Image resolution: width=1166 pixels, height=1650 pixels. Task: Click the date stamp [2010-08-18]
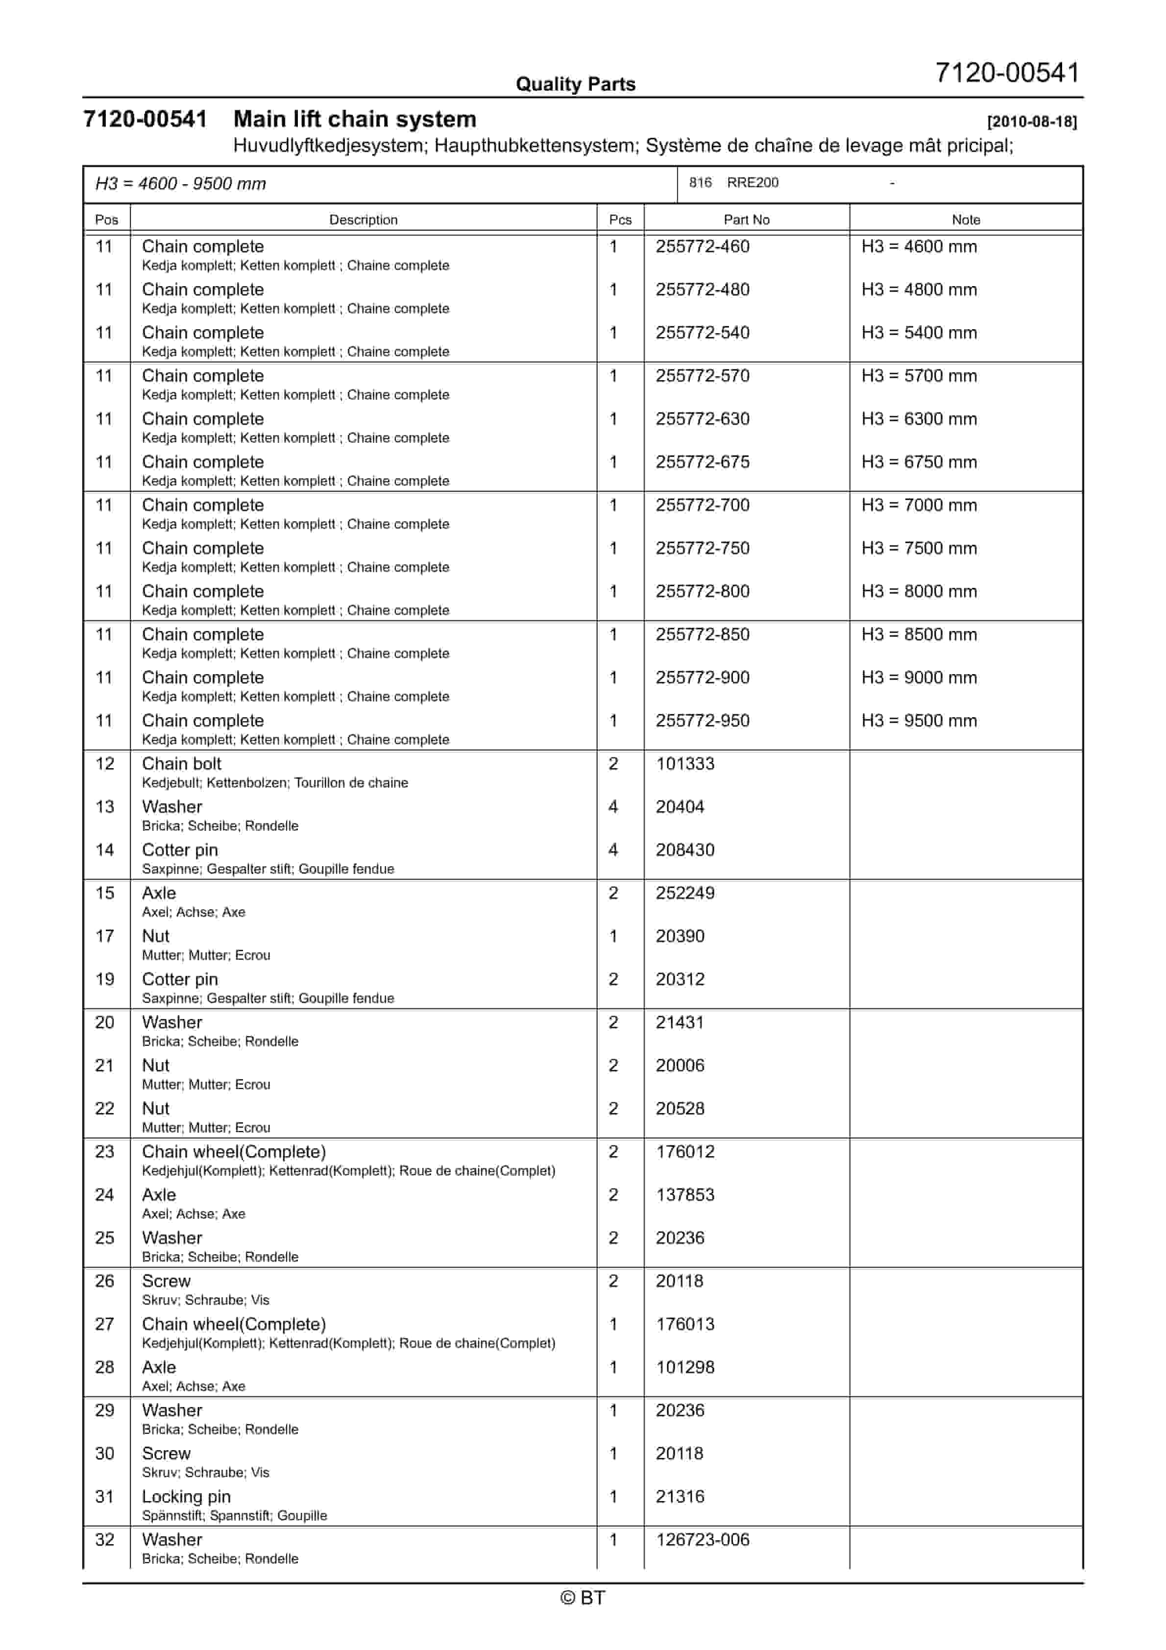coord(1032,121)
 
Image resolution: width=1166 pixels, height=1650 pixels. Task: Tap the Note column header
coord(966,220)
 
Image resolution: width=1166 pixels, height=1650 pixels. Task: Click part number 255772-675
coord(703,462)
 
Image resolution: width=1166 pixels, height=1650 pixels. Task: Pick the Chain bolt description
coord(182,764)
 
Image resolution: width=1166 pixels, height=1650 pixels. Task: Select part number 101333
coord(685,764)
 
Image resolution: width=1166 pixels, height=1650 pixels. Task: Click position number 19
coord(105,979)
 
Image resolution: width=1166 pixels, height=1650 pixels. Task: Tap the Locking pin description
coord(186,1497)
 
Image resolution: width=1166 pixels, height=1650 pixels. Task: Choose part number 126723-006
coord(703,1540)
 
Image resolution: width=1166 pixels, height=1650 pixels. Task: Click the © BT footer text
coord(583,1598)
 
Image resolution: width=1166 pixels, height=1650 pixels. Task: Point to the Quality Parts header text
coord(576,84)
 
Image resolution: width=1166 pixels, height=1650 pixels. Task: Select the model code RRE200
coord(752,183)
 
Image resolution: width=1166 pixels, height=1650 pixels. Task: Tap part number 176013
coord(685,1324)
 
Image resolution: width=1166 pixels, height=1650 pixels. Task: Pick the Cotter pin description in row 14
coord(180,850)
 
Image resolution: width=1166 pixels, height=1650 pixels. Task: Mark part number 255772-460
coord(703,246)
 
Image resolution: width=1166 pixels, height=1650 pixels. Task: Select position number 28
coord(105,1368)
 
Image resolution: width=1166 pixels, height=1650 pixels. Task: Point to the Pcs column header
coord(620,220)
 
